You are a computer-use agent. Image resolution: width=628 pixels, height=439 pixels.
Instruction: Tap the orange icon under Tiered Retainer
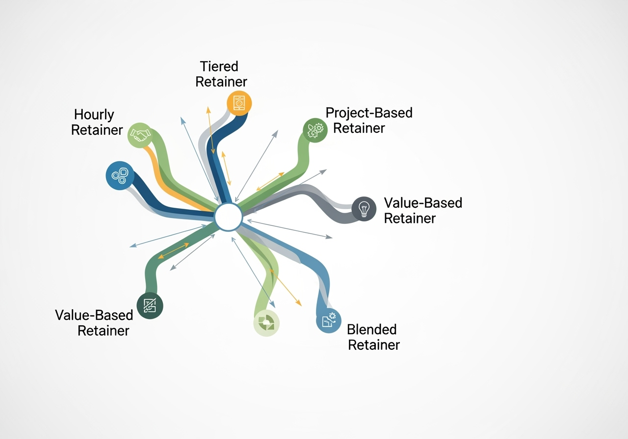(x=239, y=103)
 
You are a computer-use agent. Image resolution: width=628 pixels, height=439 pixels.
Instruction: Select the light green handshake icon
(x=140, y=135)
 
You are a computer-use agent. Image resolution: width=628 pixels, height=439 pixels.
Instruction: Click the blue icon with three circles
(x=120, y=175)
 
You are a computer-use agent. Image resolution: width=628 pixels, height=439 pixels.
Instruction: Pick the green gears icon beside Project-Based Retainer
(x=315, y=130)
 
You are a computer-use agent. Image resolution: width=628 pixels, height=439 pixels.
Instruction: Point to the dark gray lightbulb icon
(x=364, y=209)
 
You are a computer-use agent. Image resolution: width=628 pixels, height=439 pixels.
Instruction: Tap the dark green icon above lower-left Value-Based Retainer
(x=150, y=306)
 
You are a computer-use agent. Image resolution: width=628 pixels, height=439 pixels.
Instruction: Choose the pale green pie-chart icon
(x=266, y=323)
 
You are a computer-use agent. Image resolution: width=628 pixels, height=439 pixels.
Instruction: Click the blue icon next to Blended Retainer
(x=329, y=320)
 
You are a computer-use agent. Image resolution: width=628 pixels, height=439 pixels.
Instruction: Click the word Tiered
(x=219, y=66)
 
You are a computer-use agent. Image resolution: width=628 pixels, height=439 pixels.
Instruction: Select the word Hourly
(x=94, y=115)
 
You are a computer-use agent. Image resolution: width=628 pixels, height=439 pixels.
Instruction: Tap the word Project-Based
(x=369, y=113)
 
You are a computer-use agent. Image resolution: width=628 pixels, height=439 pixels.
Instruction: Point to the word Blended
(x=371, y=329)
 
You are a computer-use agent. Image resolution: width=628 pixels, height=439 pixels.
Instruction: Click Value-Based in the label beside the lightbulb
(x=423, y=203)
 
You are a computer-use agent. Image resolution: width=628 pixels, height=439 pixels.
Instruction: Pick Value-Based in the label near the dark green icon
(x=94, y=315)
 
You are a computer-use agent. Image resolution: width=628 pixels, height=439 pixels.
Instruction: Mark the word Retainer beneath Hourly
(x=97, y=130)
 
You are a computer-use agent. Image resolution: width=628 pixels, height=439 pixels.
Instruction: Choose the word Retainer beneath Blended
(x=374, y=345)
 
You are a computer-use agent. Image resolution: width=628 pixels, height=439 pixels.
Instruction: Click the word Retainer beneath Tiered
(x=221, y=81)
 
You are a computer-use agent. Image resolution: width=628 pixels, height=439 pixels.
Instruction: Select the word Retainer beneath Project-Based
(x=359, y=128)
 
